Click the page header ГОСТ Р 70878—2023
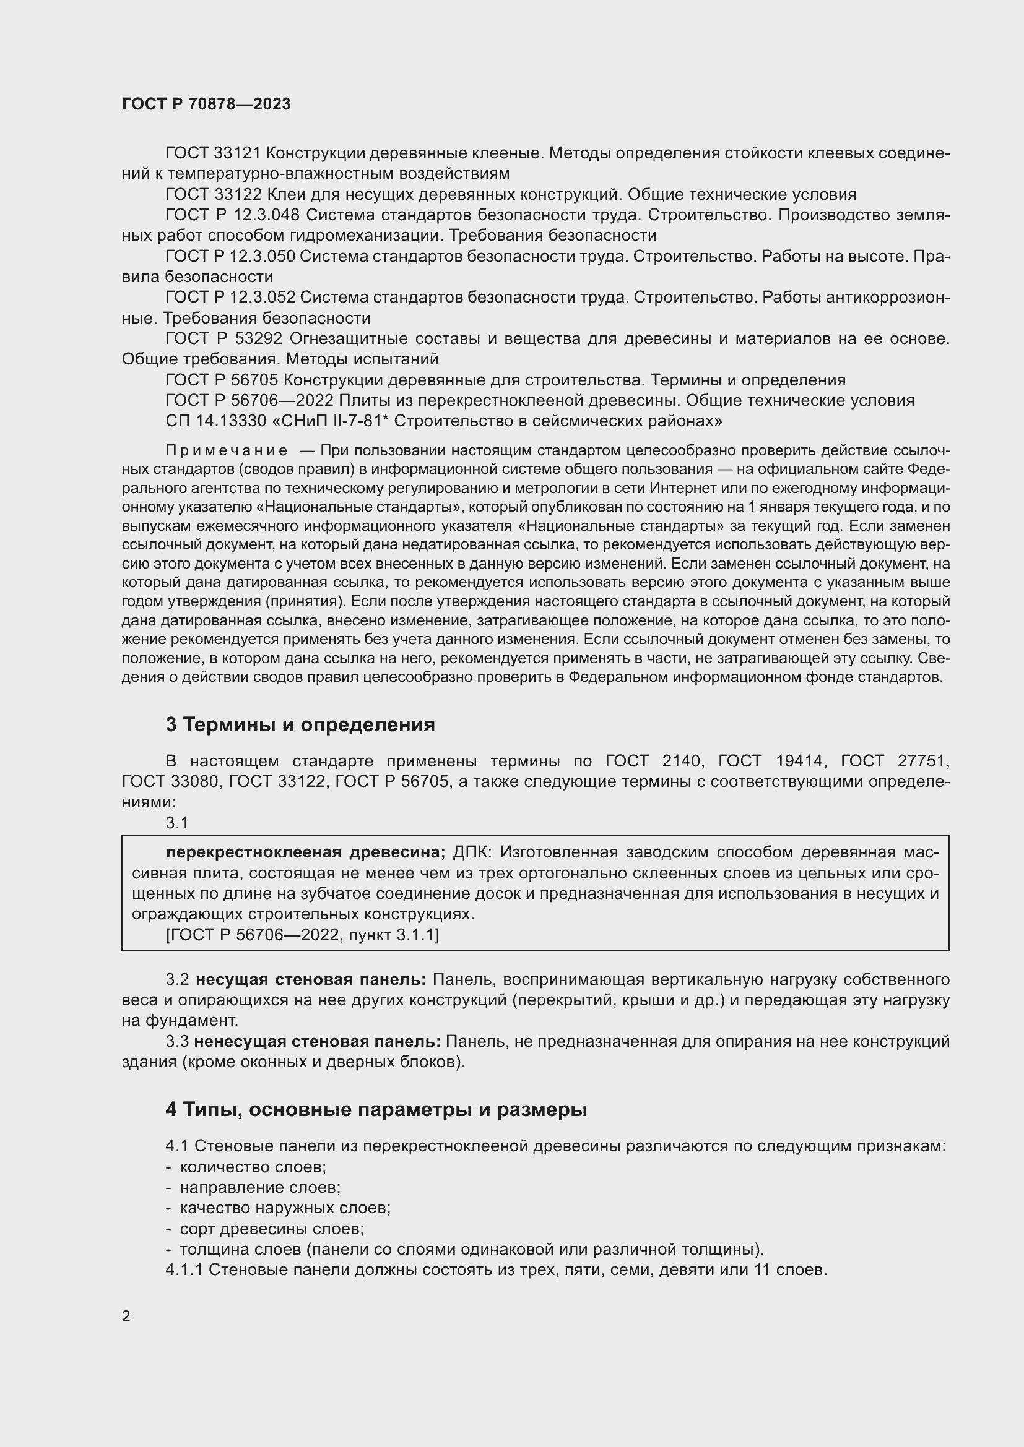click(x=206, y=104)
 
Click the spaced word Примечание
click(x=227, y=450)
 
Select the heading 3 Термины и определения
click(x=300, y=725)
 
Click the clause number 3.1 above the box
click(x=177, y=822)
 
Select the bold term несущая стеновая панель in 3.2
click(x=310, y=979)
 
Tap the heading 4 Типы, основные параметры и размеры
click(x=376, y=1109)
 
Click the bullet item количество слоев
click(x=252, y=1167)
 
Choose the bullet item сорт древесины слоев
click(x=272, y=1229)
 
